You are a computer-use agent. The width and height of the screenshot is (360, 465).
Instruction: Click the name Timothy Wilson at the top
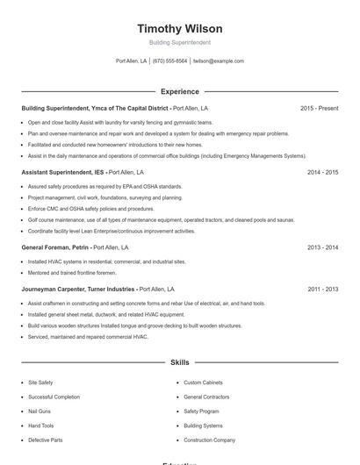click(180, 29)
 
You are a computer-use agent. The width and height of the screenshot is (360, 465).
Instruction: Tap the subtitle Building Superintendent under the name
click(180, 42)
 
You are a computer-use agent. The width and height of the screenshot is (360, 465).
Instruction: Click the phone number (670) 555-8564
click(169, 61)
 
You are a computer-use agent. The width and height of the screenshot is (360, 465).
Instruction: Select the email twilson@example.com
click(218, 61)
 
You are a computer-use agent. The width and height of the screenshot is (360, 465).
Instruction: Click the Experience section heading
click(180, 91)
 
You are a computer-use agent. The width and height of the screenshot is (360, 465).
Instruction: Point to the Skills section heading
click(180, 361)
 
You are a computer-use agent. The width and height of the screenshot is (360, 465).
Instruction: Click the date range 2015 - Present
click(319, 108)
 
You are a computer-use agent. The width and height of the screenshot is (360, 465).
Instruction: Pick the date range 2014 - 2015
click(322, 172)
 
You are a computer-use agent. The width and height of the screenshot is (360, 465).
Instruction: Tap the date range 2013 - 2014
click(322, 247)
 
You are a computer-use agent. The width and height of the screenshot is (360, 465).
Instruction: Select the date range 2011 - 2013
click(322, 289)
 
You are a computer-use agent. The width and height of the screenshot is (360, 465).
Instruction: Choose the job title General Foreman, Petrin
click(56, 247)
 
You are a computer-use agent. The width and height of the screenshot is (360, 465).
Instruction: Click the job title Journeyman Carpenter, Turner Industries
click(78, 289)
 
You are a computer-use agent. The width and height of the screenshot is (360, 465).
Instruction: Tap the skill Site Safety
click(40, 383)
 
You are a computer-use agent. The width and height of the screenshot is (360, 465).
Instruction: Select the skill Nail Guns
click(40, 411)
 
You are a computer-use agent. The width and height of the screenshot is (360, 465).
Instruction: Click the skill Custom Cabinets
click(202, 383)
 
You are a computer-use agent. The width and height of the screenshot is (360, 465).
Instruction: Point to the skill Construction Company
click(209, 440)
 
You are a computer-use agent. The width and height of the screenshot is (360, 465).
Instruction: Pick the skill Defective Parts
click(45, 440)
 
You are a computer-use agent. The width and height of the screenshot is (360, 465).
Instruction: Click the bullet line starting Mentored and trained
click(72, 272)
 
